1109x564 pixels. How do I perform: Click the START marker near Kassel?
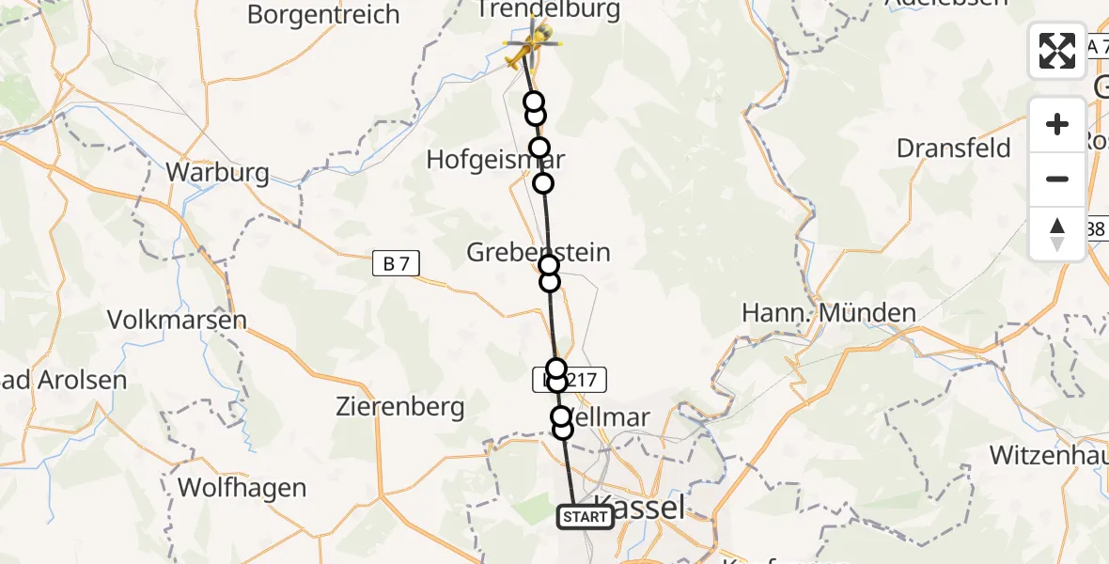pyautogui.click(x=586, y=516)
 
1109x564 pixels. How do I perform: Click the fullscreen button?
pyautogui.click(x=1057, y=51)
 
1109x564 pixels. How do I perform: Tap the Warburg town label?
pyautogui.click(x=217, y=173)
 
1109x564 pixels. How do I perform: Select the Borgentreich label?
pyautogui.click(x=323, y=14)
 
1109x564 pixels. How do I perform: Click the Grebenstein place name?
pyautogui.click(x=539, y=252)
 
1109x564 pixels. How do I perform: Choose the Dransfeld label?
pyautogui.click(x=954, y=149)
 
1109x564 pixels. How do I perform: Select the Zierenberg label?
pyautogui.click(x=400, y=407)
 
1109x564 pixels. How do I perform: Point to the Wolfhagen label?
pyautogui.click(x=242, y=488)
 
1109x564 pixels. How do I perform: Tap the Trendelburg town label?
pyautogui.click(x=549, y=10)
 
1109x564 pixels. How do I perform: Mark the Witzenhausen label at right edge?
pyautogui.click(x=1049, y=456)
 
